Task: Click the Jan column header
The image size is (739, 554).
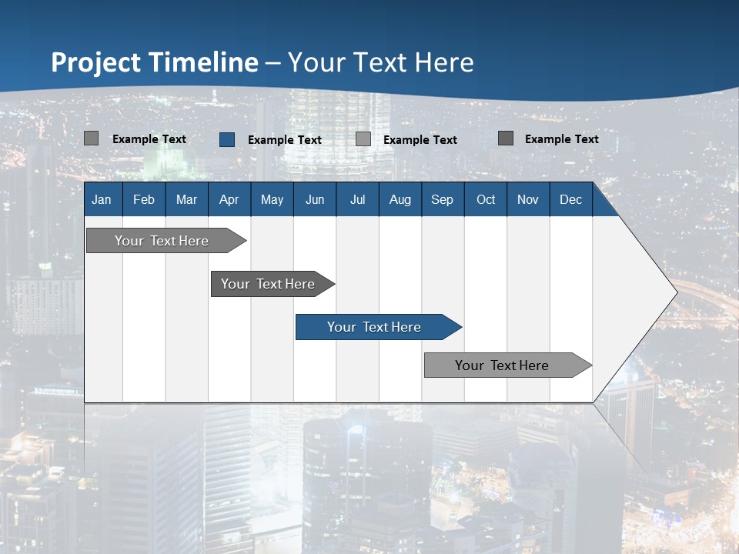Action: [102, 199]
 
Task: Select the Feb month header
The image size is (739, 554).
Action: [144, 199]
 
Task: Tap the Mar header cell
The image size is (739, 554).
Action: [186, 199]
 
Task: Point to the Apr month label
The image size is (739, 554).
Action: [229, 199]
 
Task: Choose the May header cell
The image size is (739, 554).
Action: [272, 199]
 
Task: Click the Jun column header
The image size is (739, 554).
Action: [315, 199]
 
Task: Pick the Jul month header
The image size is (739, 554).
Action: [357, 199]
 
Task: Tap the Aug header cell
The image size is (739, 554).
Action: [400, 199]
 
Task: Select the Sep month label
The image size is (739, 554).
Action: [443, 199]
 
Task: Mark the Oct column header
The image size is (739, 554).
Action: [486, 199]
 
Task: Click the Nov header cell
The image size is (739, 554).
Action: [528, 199]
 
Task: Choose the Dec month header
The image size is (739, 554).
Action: [571, 199]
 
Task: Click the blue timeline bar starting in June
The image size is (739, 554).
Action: [375, 327]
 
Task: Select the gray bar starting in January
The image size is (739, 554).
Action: [162, 241]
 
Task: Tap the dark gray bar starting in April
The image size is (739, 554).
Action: [269, 284]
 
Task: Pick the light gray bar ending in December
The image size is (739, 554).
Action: [503, 365]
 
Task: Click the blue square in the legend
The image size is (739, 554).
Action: [227, 139]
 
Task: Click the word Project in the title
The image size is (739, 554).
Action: [95, 62]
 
